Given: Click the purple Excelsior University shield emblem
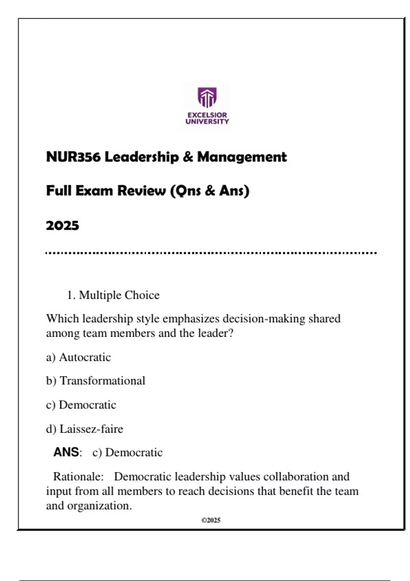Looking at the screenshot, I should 207,97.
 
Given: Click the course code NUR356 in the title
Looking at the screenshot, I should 73,157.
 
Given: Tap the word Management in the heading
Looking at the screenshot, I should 242,157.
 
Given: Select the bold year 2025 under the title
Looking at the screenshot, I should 63,226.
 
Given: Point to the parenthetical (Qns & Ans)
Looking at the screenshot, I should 210,191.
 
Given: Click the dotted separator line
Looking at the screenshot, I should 211,253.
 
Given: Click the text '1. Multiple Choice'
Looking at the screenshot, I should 113,295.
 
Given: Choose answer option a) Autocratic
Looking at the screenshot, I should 78,357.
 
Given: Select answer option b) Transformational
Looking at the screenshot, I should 96,381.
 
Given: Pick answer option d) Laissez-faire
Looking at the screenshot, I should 84,429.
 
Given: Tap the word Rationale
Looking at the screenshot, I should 78,476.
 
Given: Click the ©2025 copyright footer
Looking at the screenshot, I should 211,520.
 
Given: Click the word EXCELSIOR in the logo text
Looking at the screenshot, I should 207,115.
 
